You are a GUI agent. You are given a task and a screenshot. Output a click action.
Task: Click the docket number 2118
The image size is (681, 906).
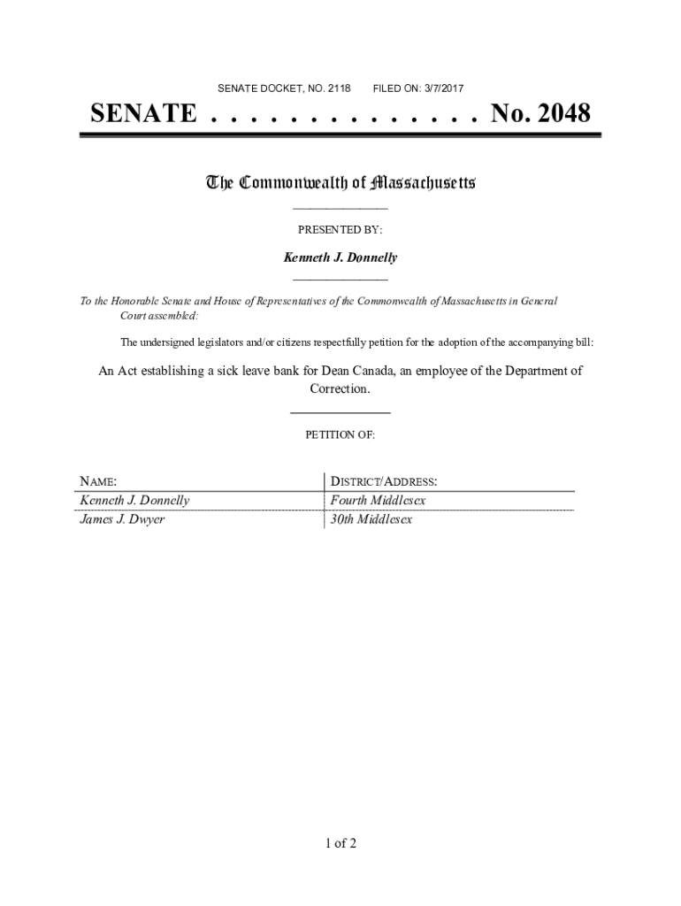pyautogui.click(x=339, y=88)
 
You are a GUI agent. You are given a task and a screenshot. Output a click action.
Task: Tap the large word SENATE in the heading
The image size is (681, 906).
pyautogui.click(x=143, y=114)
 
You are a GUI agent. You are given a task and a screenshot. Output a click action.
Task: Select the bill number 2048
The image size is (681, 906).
pyautogui.click(x=558, y=114)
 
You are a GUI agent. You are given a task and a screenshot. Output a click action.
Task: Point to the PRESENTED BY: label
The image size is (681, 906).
pyautogui.click(x=340, y=230)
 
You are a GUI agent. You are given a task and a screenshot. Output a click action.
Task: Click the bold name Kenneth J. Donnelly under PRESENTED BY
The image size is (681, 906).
pyautogui.click(x=340, y=257)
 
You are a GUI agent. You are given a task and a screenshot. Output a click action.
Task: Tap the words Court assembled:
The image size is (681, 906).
pyautogui.click(x=160, y=315)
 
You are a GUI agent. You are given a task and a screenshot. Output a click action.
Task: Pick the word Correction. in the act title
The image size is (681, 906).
pyautogui.click(x=340, y=388)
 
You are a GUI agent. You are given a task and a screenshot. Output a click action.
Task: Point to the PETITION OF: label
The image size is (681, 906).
pyautogui.click(x=340, y=435)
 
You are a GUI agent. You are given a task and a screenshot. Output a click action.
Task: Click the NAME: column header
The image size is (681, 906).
pyautogui.click(x=98, y=481)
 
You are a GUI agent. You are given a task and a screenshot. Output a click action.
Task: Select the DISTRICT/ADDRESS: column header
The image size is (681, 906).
pyautogui.click(x=384, y=481)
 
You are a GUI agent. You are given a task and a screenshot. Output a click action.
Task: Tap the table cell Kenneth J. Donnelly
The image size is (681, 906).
pyautogui.click(x=134, y=501)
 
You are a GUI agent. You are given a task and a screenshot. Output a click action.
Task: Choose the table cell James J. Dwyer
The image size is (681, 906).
pyautogui.click(x=122, y=519)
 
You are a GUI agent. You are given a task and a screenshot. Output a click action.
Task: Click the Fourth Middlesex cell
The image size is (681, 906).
pyautogui.click(x=378, y=501)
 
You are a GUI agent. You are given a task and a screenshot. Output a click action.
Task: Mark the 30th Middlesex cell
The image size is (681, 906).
pyautogui.click(x=371, y=519)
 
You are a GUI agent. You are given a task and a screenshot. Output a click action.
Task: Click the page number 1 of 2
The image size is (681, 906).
pyautogui.click(x=340, y=843)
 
